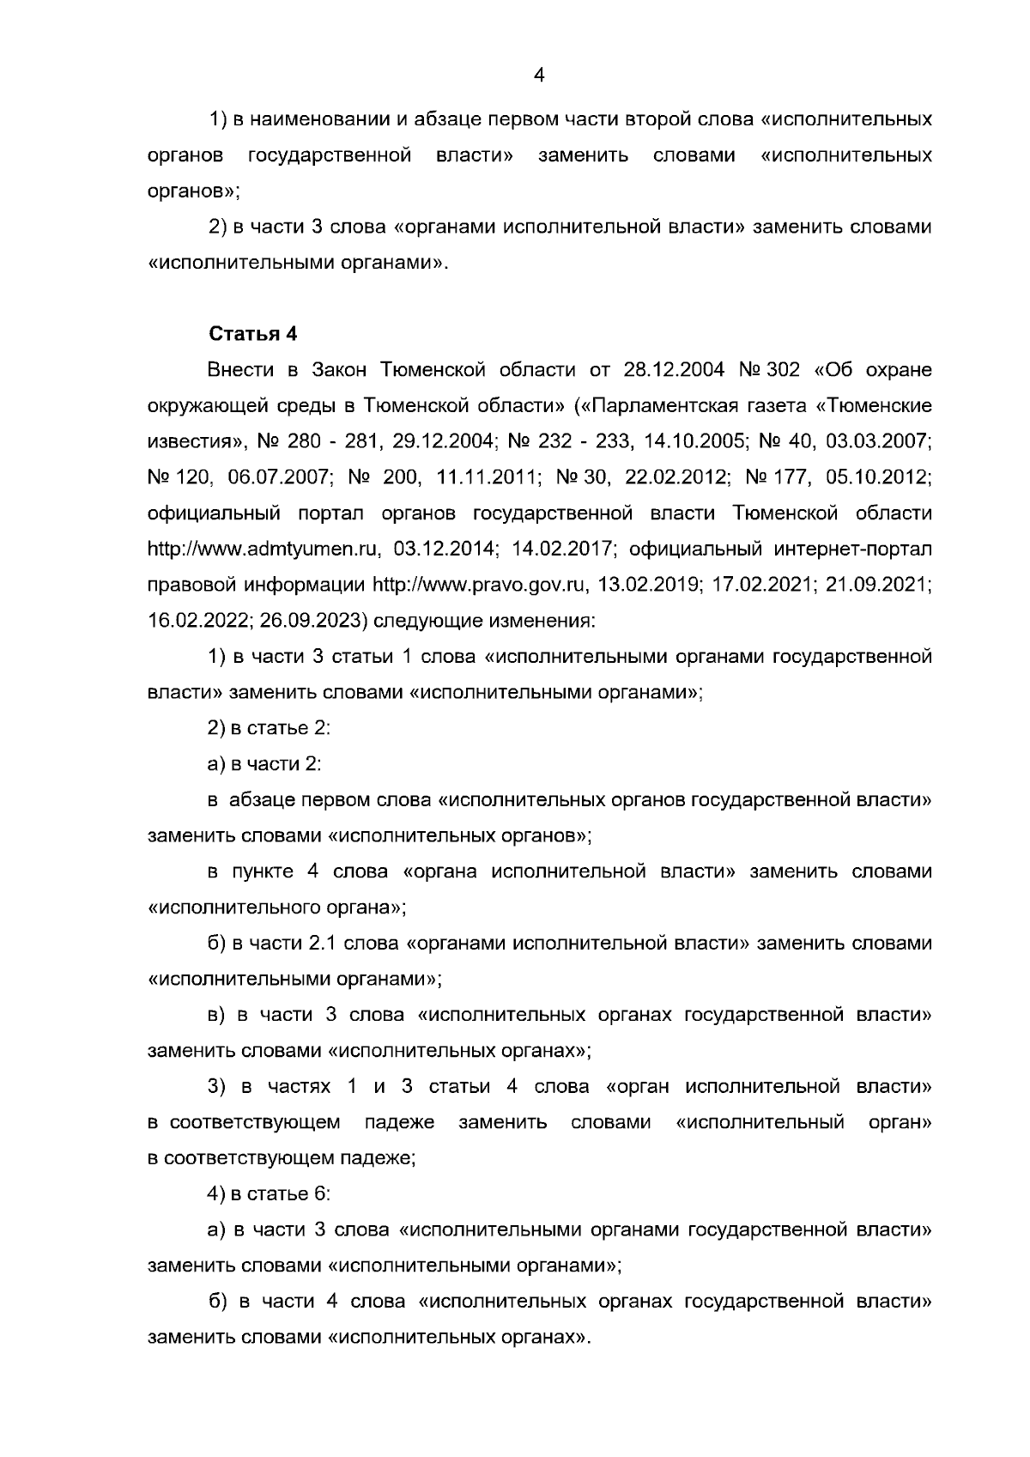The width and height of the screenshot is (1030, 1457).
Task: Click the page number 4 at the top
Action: [539, 75]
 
